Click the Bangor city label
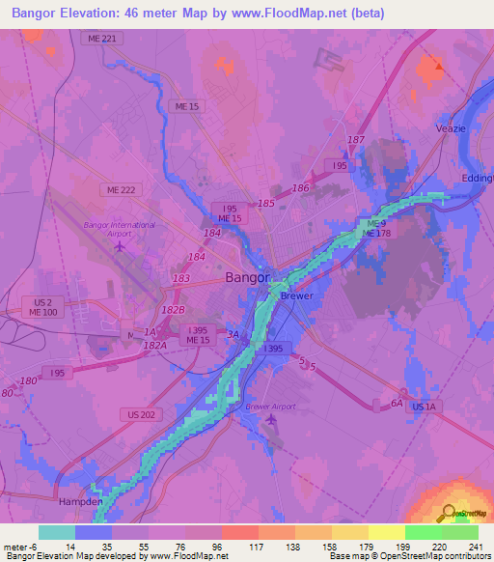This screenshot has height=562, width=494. click(x=247, y=277)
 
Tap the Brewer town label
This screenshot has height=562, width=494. click(x=297, y=295)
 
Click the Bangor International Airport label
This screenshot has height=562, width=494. click(x=120, y=229)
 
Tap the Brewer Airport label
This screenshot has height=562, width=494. click(x=270, y=407)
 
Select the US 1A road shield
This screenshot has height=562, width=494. click(x=424, y=408)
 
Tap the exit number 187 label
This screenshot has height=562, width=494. click(x=356, y=140)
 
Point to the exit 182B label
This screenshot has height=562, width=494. click(x=174, y=309)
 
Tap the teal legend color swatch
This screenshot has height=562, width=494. click(x=57, y=532)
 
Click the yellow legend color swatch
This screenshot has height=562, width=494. click(x=387, y=532)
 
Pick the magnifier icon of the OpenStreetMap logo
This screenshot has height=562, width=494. click(x=448, y=514)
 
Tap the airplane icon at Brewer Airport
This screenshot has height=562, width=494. click(x=270, y=419)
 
